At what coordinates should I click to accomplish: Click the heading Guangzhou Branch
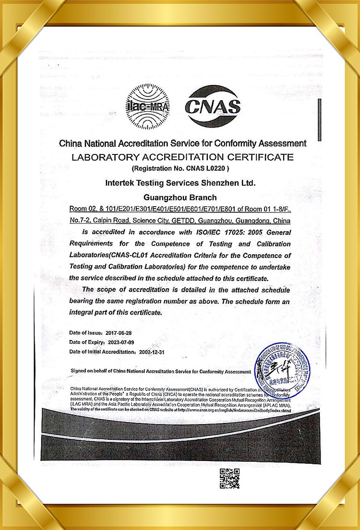click(180, 197)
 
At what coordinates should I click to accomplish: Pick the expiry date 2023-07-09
click(122, 342)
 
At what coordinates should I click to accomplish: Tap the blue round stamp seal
click(282, 370)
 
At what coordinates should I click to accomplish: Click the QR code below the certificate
click(229, 478)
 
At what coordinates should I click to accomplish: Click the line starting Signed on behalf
click(160, 371)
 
